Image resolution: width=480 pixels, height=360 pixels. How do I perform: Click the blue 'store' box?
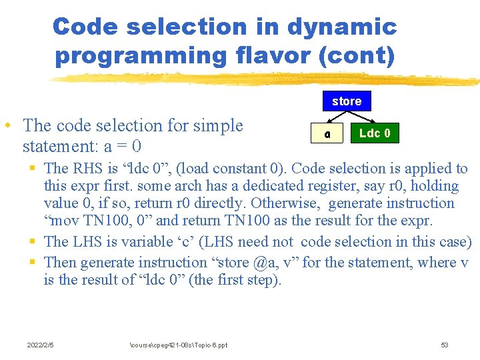tap(347, 101)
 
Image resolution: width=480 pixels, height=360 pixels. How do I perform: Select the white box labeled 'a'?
tap(327, 133)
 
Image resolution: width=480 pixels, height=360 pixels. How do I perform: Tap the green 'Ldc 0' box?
tap(375, 133)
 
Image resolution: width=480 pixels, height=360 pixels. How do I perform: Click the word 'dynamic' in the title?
tap(342, 27)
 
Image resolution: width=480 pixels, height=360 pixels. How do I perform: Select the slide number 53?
tap(445, 345)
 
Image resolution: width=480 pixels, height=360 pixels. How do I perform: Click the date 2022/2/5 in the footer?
tap(41, 345)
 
